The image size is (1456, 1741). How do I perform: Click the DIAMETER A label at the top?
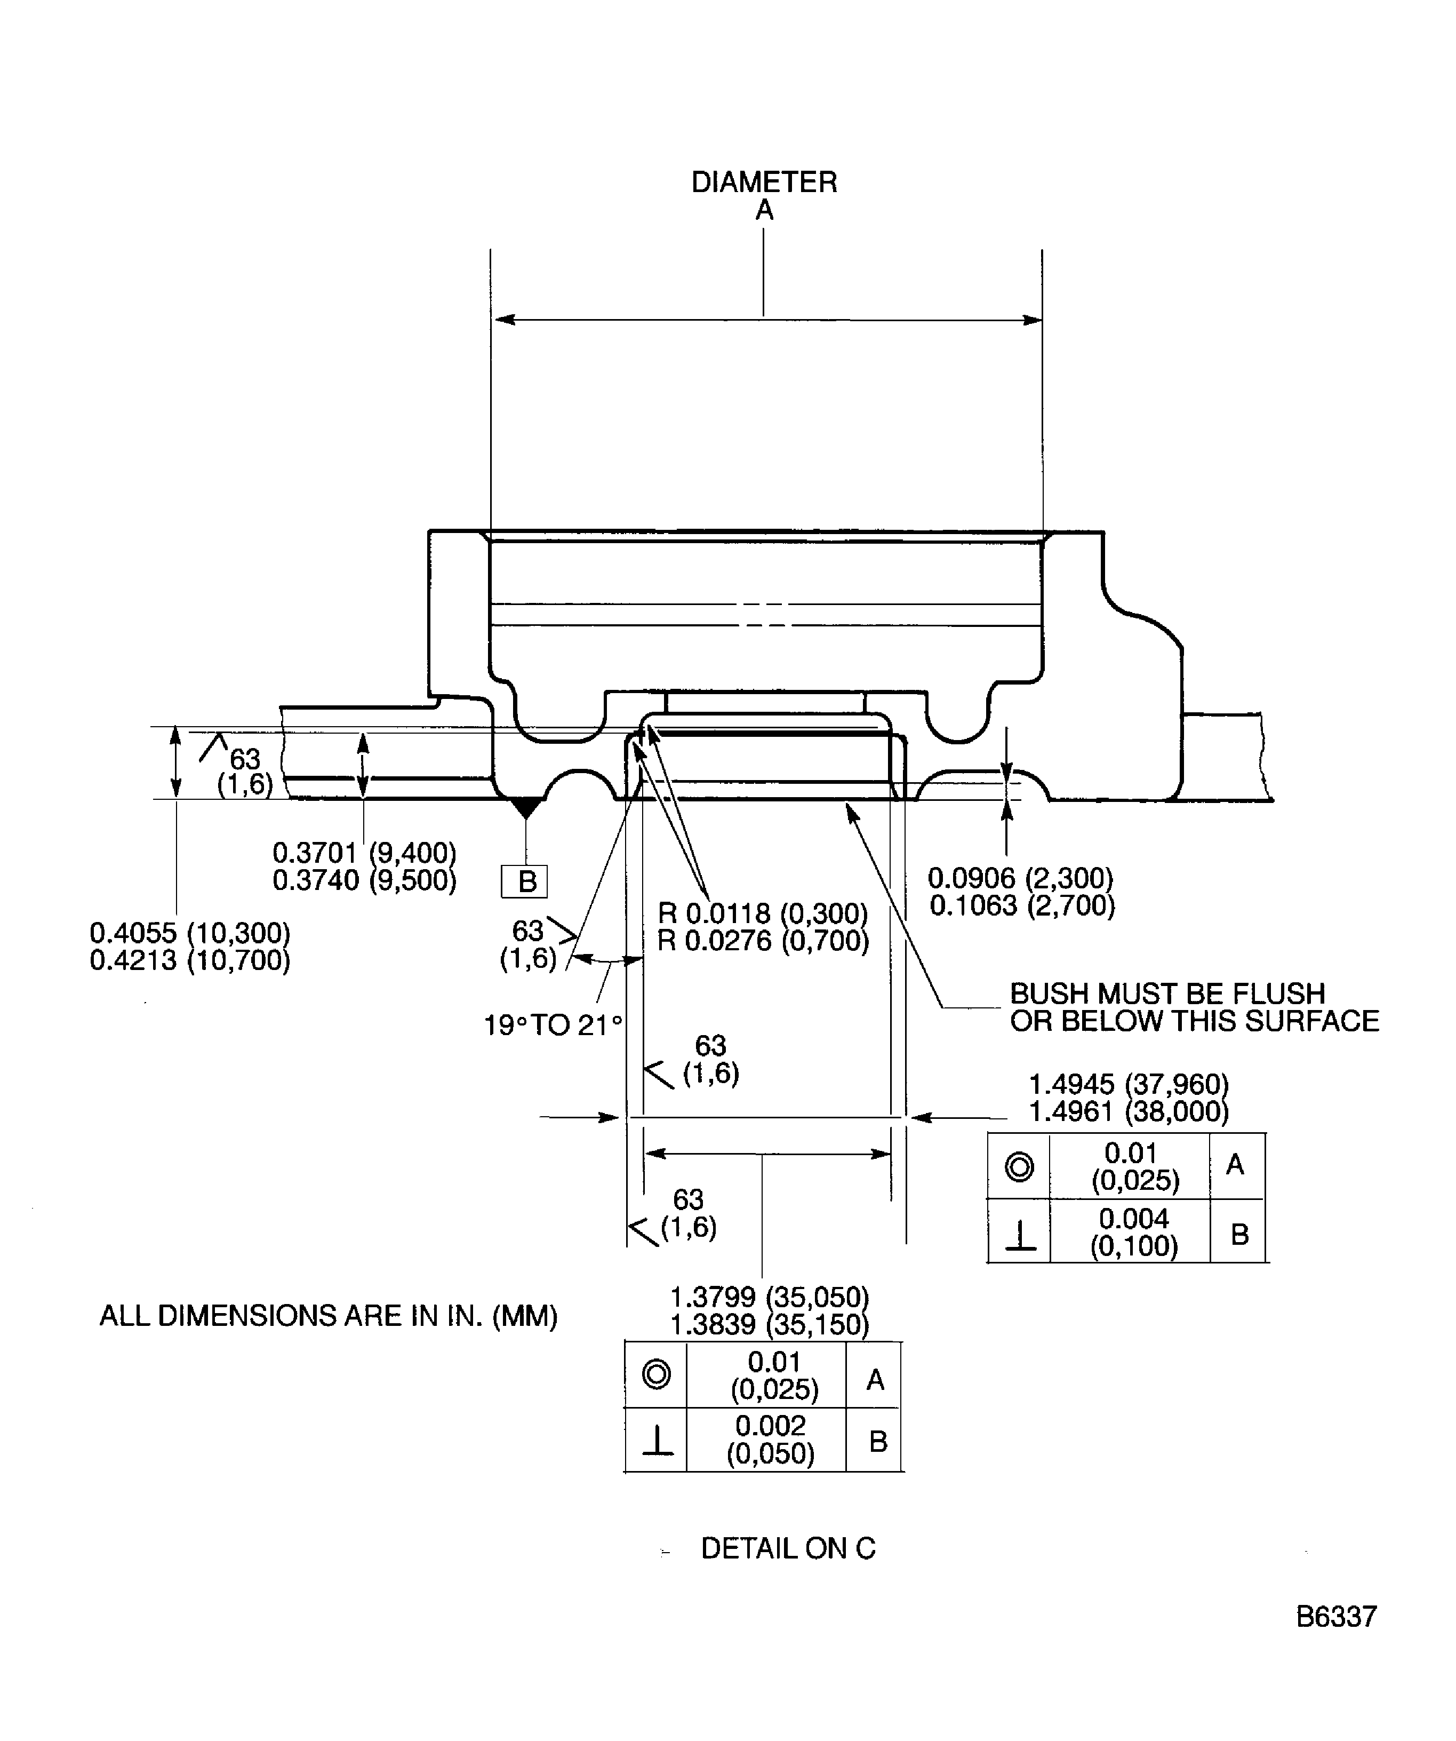click(764, 196)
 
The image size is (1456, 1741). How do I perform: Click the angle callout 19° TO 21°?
click(553, 1025)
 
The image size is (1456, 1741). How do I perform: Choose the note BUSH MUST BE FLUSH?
click(1167, 993)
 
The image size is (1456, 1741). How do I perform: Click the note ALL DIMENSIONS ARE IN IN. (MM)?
click(328, 1316)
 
